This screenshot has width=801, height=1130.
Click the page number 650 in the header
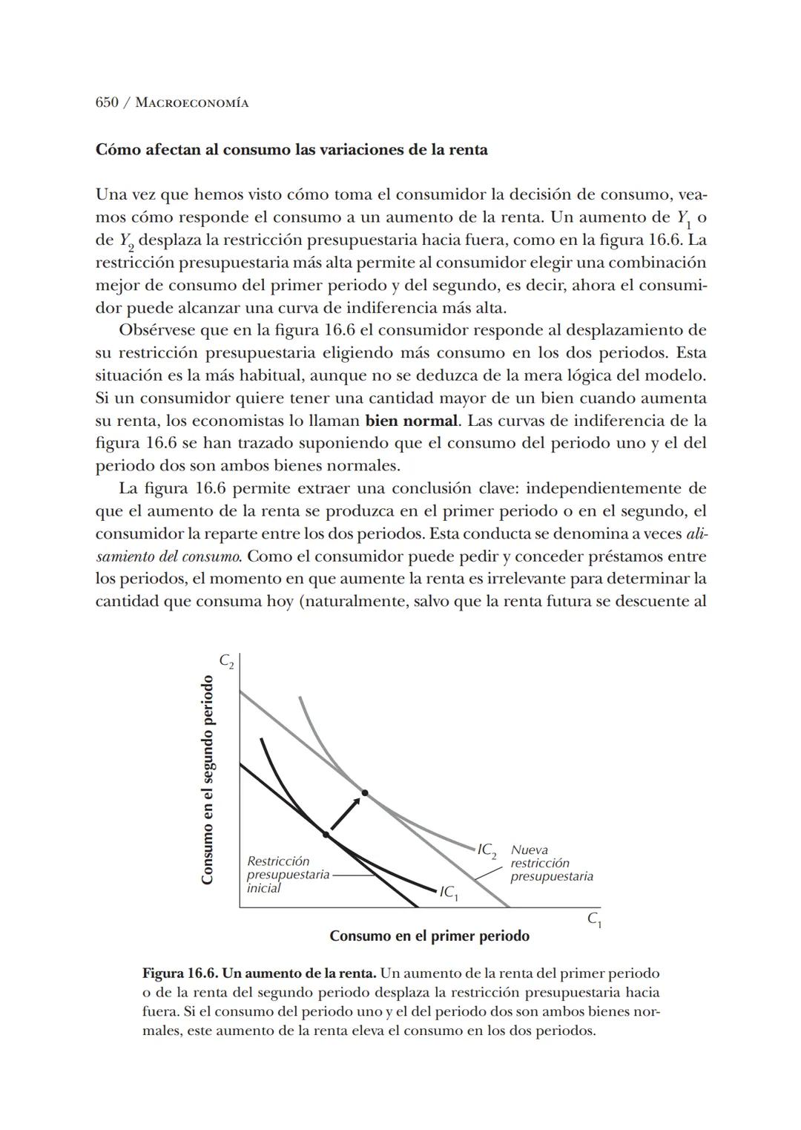[107, 102]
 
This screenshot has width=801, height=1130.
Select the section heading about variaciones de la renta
[291, 150]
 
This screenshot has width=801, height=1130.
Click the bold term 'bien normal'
[411, 421]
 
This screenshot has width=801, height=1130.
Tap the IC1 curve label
[449, 892]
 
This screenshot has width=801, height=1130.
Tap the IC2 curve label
[487, 850]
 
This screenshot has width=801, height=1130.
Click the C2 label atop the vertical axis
[226, 660]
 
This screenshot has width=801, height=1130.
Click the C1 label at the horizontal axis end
[594, 919]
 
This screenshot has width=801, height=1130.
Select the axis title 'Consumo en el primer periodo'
[429, 936]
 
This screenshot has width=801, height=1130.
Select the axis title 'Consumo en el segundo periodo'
[208, 779]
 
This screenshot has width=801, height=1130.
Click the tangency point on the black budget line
[326, 835]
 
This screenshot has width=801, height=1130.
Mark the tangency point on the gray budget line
[364, 793]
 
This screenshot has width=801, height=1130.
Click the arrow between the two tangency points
[345, 814]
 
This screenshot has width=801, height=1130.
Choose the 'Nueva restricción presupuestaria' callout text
[550, 863]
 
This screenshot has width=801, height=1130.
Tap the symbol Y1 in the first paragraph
[682, 219]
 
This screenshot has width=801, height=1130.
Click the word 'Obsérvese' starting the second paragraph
[156, 330]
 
